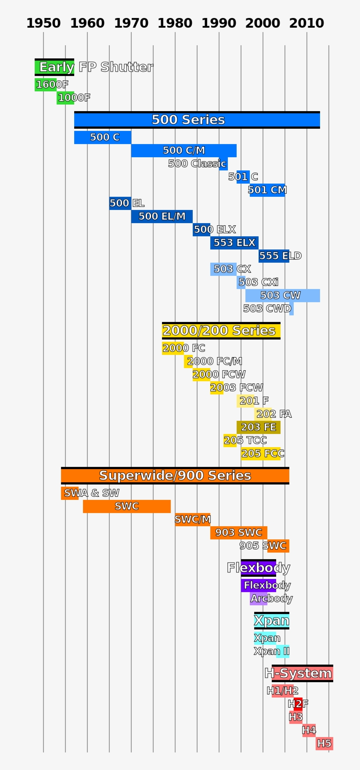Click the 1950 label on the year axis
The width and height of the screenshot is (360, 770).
[43, 23]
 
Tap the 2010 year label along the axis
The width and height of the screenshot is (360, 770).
[306, 23]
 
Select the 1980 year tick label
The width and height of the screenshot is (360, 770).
[175, 23]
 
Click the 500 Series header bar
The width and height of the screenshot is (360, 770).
[197, 120]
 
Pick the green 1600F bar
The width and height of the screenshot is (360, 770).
[46, 85]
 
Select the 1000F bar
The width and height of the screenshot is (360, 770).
[65, 98]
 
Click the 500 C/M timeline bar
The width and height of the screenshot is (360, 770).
[184, 151]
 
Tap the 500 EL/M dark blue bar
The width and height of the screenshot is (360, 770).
[162, 217]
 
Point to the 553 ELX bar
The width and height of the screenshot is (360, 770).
[234, 243]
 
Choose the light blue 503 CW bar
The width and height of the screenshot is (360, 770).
[282, 296]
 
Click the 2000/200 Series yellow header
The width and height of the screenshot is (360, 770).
[221, 331]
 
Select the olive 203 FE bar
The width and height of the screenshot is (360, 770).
[258, 427]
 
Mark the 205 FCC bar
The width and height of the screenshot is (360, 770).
[260, 454]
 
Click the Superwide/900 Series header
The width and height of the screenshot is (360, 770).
[175, 476]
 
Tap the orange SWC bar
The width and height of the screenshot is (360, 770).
[126, 506]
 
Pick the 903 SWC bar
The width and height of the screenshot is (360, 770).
[238, 533]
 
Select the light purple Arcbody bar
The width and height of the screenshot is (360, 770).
[259, 599]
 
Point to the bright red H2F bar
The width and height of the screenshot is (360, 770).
[298, 704]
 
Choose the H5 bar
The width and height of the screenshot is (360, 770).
[324, 744]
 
